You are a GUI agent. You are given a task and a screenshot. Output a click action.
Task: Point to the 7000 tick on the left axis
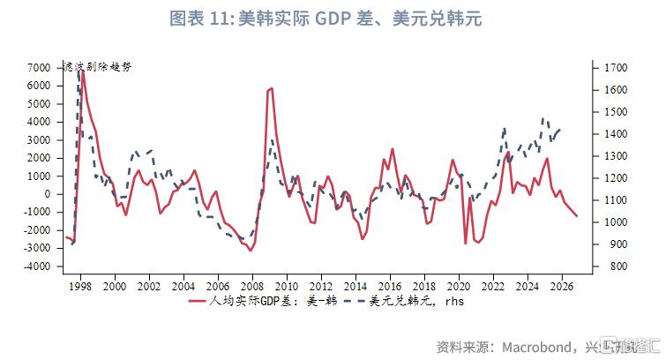click(38, 68)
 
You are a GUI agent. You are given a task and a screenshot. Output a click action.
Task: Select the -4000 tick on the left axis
click(36, 267)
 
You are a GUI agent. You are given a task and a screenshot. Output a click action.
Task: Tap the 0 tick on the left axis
click(47, 195)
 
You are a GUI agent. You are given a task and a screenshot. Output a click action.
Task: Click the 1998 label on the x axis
click(81, 287)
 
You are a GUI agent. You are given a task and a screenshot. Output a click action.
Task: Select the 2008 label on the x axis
click(252, 287)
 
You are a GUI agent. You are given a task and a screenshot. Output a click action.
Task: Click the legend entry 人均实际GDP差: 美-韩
click(253, 302)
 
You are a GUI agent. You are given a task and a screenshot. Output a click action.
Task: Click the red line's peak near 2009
click(271, 88)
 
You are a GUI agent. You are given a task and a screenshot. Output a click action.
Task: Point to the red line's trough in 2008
click(251, 251)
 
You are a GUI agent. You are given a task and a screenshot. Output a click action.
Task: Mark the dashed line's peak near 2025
click(544, 118)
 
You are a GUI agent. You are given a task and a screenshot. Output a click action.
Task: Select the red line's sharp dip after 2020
click(465, 244)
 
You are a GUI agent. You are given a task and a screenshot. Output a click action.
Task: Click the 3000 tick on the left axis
click(38, 140)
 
